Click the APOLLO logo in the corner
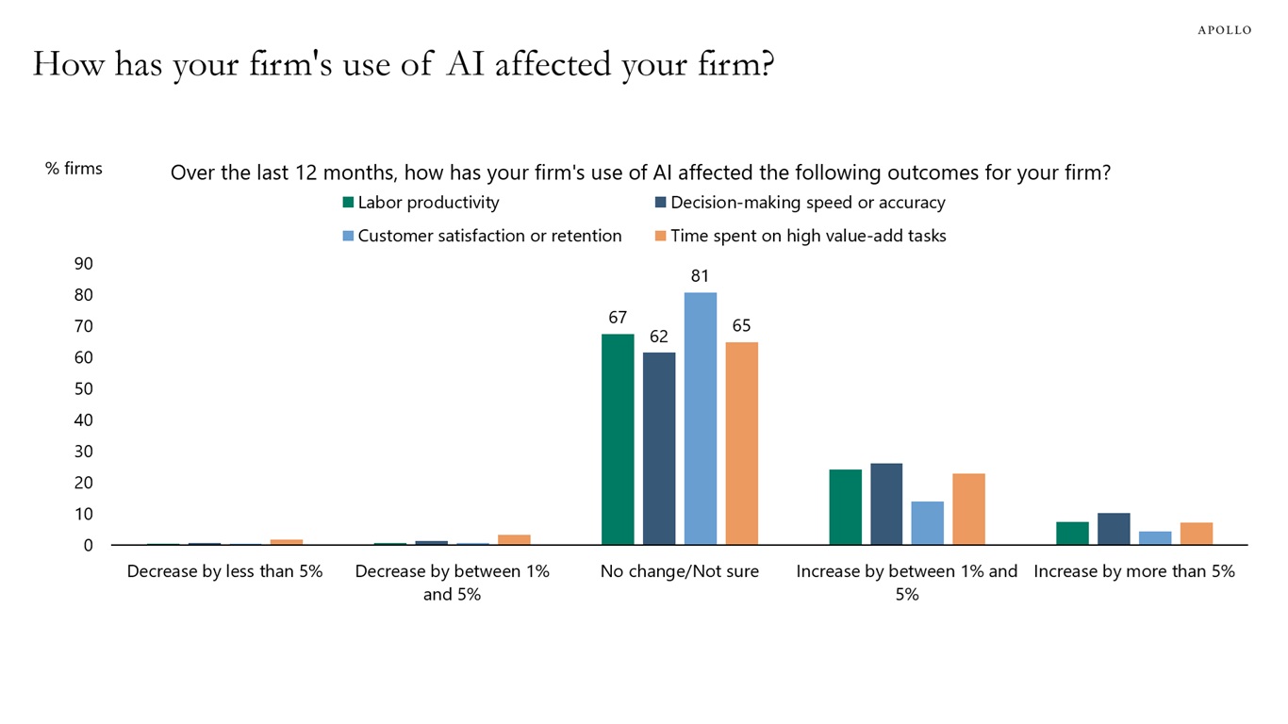tap(1224, 30)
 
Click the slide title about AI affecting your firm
tap(403, 64)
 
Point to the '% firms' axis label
tap(74, 169)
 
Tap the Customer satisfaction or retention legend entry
tap(481, 236)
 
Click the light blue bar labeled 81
tap(700, 419)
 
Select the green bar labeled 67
tap(618, 439)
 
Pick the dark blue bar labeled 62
tap(659, 448)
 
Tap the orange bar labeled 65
tap(741, 443)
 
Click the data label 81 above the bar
tap(700, 277)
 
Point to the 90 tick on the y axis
tap(84, 264)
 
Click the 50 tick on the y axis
tap(84, 388)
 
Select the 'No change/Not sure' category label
tap(679, 571)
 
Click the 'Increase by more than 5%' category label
tap(1133, 571)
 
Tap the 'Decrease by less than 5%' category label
tap(224, 571)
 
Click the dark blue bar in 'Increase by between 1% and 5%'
tap(886, 503)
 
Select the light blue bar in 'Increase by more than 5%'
tap(1155, 537)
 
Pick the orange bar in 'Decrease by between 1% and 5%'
tap(514, 539)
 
